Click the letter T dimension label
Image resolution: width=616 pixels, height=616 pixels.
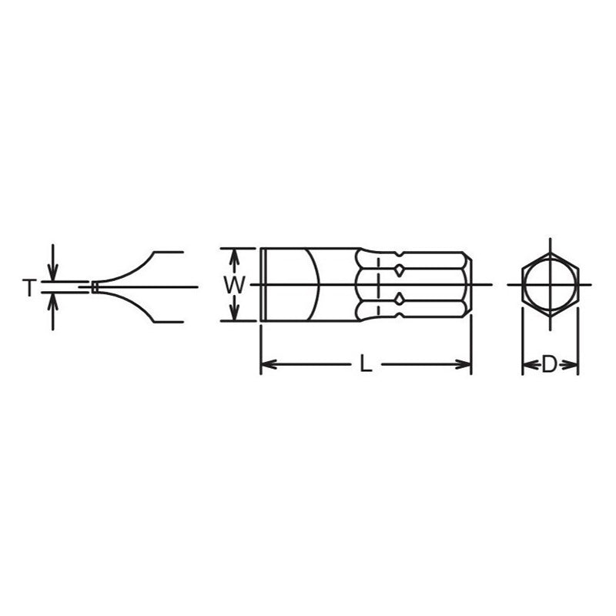(x=28, y=288)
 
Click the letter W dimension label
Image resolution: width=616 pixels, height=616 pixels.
(x=236, y=285)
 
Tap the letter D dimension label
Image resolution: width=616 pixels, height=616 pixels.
(x=549, y=365)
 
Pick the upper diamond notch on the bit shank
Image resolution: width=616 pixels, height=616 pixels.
(x=400, y=271)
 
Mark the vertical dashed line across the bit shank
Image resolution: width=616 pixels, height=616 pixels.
(x=378, y=293)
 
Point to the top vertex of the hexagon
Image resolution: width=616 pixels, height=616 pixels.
(x=549, y=237)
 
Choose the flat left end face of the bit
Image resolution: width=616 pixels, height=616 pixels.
(x=263, y=286)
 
